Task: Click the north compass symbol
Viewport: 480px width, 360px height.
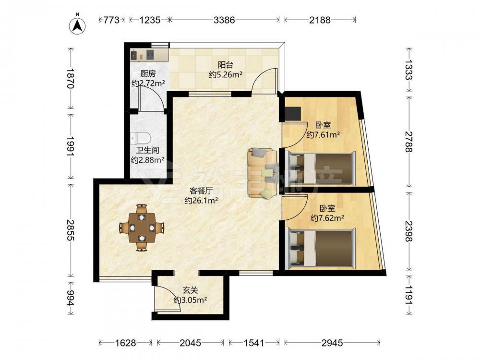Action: pos(77,24)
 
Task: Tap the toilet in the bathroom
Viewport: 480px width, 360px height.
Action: pos(140,138)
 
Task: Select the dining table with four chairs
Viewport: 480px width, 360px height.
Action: pos(142,228)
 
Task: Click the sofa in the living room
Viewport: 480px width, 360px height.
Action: pos(262,173)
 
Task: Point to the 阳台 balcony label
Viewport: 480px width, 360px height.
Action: pos(226,65)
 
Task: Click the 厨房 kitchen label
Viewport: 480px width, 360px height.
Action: pos(148,74)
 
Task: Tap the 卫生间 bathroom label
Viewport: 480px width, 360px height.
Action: pos(147,150)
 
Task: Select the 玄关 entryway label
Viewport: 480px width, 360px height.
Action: pos(190,290)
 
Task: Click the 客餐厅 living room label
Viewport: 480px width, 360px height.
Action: pos(201,191)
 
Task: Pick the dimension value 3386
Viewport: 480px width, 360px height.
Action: pos(224,20)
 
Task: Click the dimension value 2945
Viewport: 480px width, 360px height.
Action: pos(332,343)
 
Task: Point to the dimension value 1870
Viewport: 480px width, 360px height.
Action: pos(71,78)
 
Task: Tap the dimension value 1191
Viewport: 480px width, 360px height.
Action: pos(408,295)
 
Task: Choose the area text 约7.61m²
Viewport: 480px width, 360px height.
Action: pos(323,135)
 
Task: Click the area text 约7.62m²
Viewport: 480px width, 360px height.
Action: pos(327,218)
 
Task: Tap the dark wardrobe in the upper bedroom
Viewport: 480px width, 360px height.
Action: pos(292,114)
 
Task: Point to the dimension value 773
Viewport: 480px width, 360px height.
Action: pos(111,20)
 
